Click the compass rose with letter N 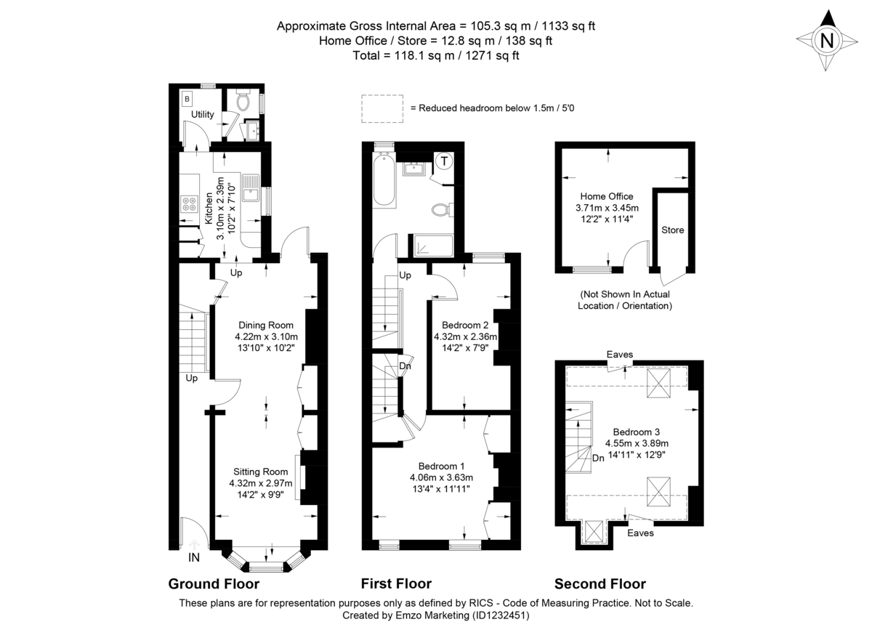(x=826, y=41)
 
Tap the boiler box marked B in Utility (x=187, y=98)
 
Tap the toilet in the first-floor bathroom (x=441, y=210)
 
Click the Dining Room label (x=266, y=325)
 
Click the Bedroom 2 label (x=465, y=325)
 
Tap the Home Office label (x=606, y=196)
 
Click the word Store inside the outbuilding (x=672, y=230)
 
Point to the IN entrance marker (x=194, y=558)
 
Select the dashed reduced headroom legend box (x=382, y=108)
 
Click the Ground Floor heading (x=214, y=583)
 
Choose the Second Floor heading (x=599, y=583)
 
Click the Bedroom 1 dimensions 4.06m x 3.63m (x=441, y=477)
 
